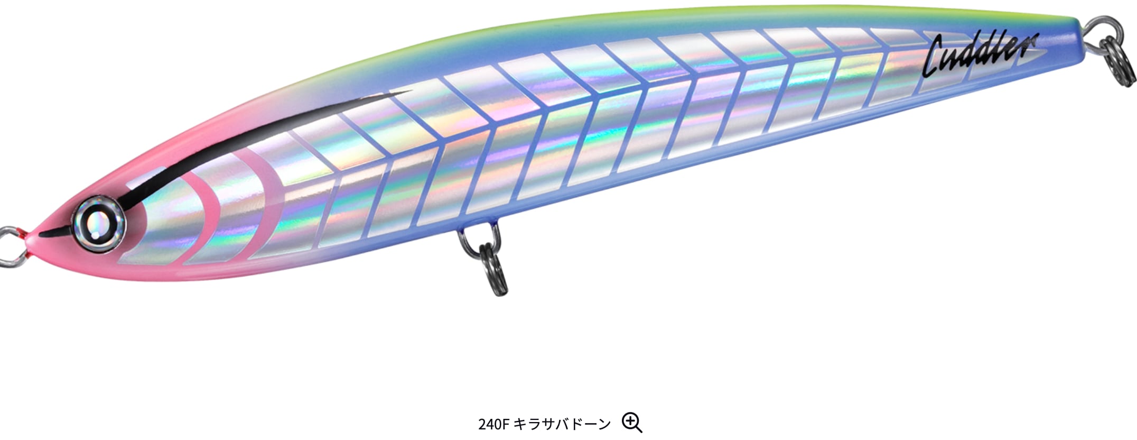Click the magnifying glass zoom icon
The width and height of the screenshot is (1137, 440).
(x=632, y=423)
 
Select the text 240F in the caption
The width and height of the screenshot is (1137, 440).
(x=493, y=424)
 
